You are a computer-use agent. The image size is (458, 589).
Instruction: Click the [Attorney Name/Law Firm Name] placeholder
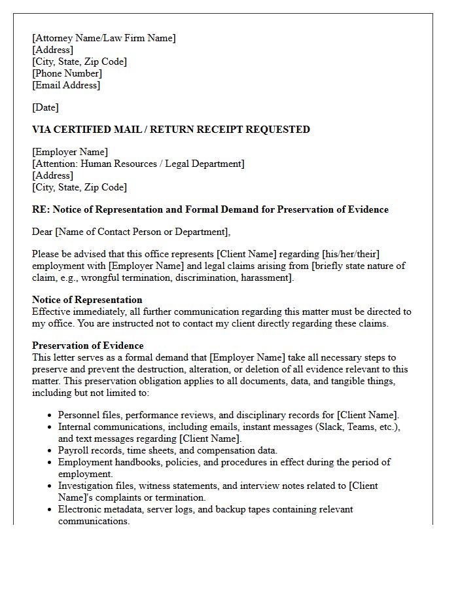[x=104, y=38]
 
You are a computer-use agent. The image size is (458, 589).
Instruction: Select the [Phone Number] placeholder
[x=67, y=73]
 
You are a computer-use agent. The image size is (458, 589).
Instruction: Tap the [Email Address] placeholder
[x=66, y=85]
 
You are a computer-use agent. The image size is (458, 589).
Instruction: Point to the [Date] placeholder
[x=45, y=107]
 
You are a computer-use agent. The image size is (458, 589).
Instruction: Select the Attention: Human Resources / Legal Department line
[x=138, y=164]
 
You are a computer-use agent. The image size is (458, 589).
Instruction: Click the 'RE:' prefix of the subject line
[x=41, y=210]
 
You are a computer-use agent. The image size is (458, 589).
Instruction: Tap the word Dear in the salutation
[x=43, y=232]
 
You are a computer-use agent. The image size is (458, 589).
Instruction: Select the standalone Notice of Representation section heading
[x=87, y=300]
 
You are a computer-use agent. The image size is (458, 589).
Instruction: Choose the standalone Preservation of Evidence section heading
[x=88, y=346]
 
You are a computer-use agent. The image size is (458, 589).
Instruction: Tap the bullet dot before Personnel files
[x=50, y=416]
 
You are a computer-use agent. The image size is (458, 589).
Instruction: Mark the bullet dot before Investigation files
[x=50, y=486]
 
